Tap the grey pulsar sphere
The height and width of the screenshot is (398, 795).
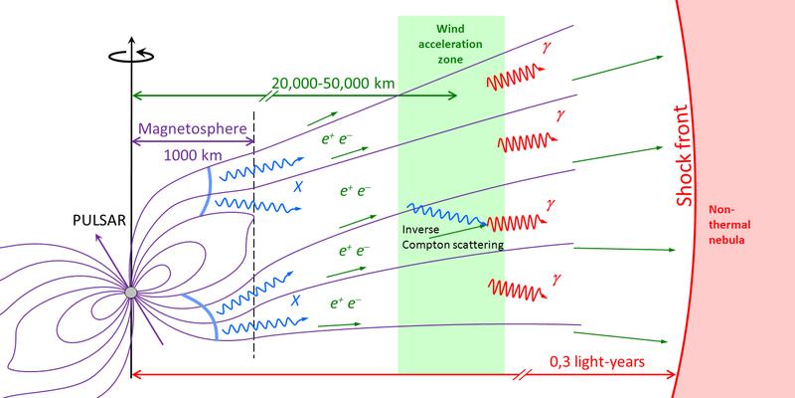click(x=130, y=292)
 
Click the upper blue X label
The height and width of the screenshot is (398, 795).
click(x=296, y=186)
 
